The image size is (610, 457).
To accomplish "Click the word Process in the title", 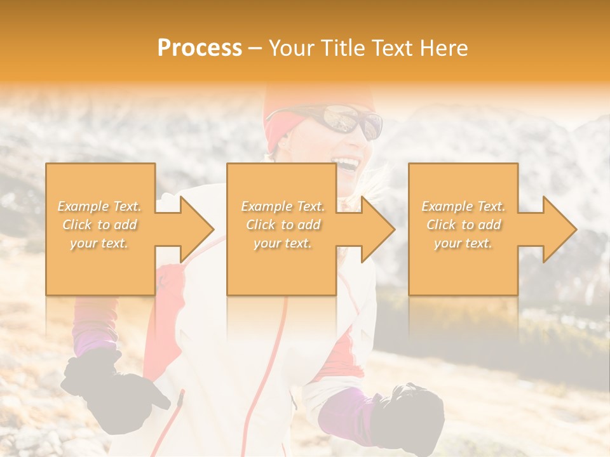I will coord(200,48).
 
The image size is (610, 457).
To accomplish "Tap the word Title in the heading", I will coord(343,48).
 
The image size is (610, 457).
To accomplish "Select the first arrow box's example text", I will coord(100,225).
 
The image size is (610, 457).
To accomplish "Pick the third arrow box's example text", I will coord(463,225).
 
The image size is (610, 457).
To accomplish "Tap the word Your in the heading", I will coord(292,48).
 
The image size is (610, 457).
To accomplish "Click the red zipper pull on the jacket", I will coord(180,400).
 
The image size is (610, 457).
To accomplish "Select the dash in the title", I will coord(255,48).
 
